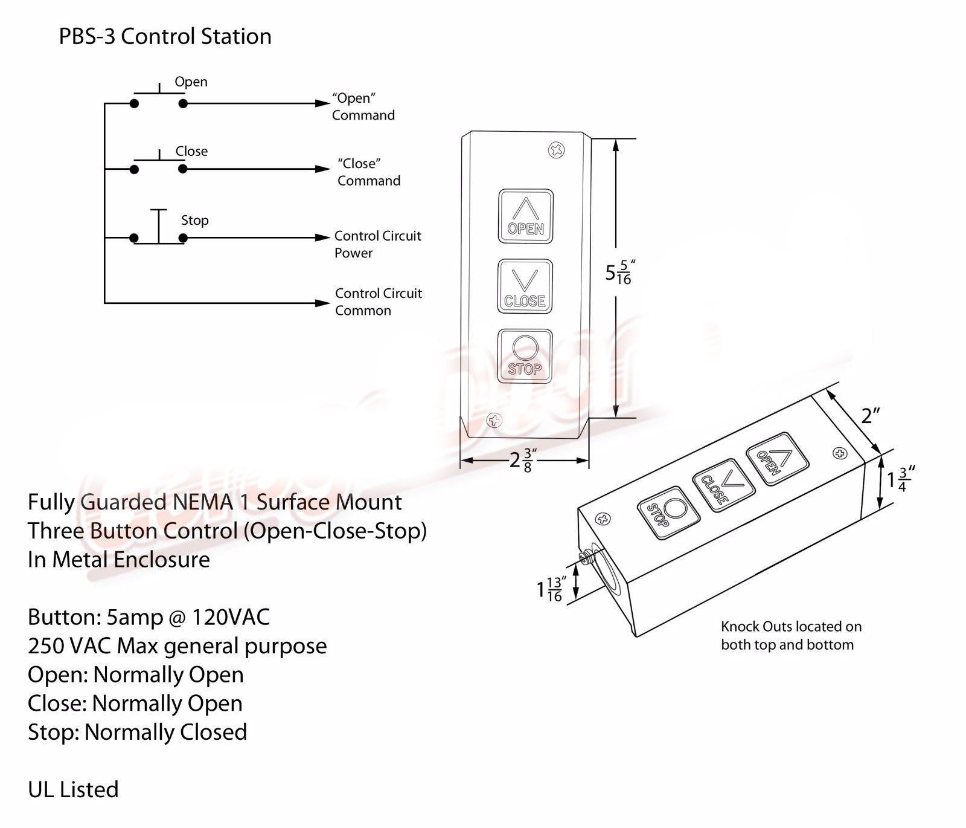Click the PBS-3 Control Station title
(165, 36)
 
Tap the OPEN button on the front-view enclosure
(525, 216)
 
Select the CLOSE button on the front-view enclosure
(525, 286)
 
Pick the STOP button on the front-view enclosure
(524, 356)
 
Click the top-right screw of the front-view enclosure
(557, 150)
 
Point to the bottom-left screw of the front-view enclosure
(494, 420)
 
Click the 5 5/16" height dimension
(621, 273)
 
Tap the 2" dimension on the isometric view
(870, 416)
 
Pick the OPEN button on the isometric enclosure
(778, 459)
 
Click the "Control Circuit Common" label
(379, 302)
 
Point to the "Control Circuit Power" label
(378, 244)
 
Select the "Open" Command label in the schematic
(363, 107)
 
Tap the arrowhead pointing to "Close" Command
(323, 169)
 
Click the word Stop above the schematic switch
(195, 221)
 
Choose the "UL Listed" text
(73, 789)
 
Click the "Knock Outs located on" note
(792, 627)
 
